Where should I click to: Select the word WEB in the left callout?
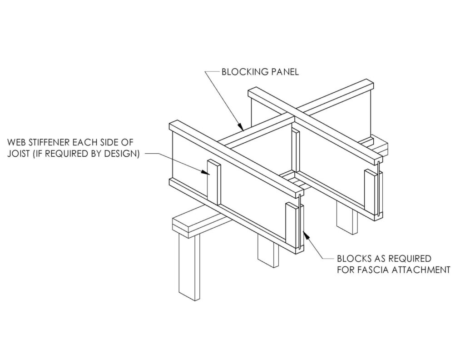[15, 142]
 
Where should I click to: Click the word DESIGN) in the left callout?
[123, 154]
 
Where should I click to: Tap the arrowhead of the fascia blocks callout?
[306, 236]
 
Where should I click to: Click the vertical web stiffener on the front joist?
[214, 182]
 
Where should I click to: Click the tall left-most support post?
[189, 267]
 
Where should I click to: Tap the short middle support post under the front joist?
[268, 251]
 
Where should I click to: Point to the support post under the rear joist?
[346, 218]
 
